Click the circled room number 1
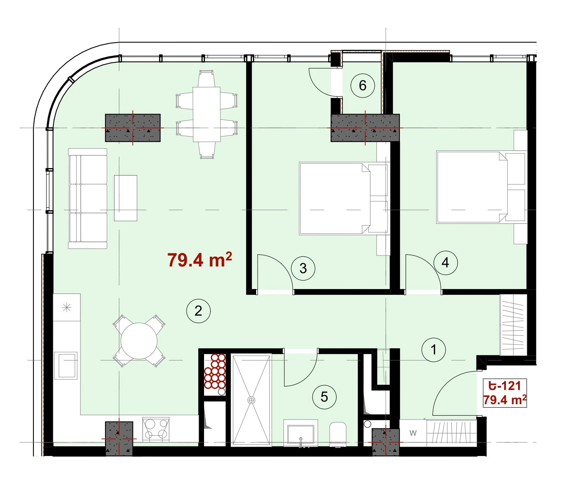[433, 350]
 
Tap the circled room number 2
[198, 311]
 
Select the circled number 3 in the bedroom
[303, 268]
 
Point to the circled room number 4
[445, 263]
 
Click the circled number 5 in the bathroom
[324, 397]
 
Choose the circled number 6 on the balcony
[363, 85]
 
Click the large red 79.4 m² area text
[200, 260]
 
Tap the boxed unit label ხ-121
[504, 386]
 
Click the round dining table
[139, 341]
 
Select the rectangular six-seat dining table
[207, 115]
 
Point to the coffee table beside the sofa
[126, 198]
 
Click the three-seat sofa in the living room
[88, 198]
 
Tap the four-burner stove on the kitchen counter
[156, 429]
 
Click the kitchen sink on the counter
[66, 365]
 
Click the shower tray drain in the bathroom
[251, 400]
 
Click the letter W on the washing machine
[413, 433]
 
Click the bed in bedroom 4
[481, 187]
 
